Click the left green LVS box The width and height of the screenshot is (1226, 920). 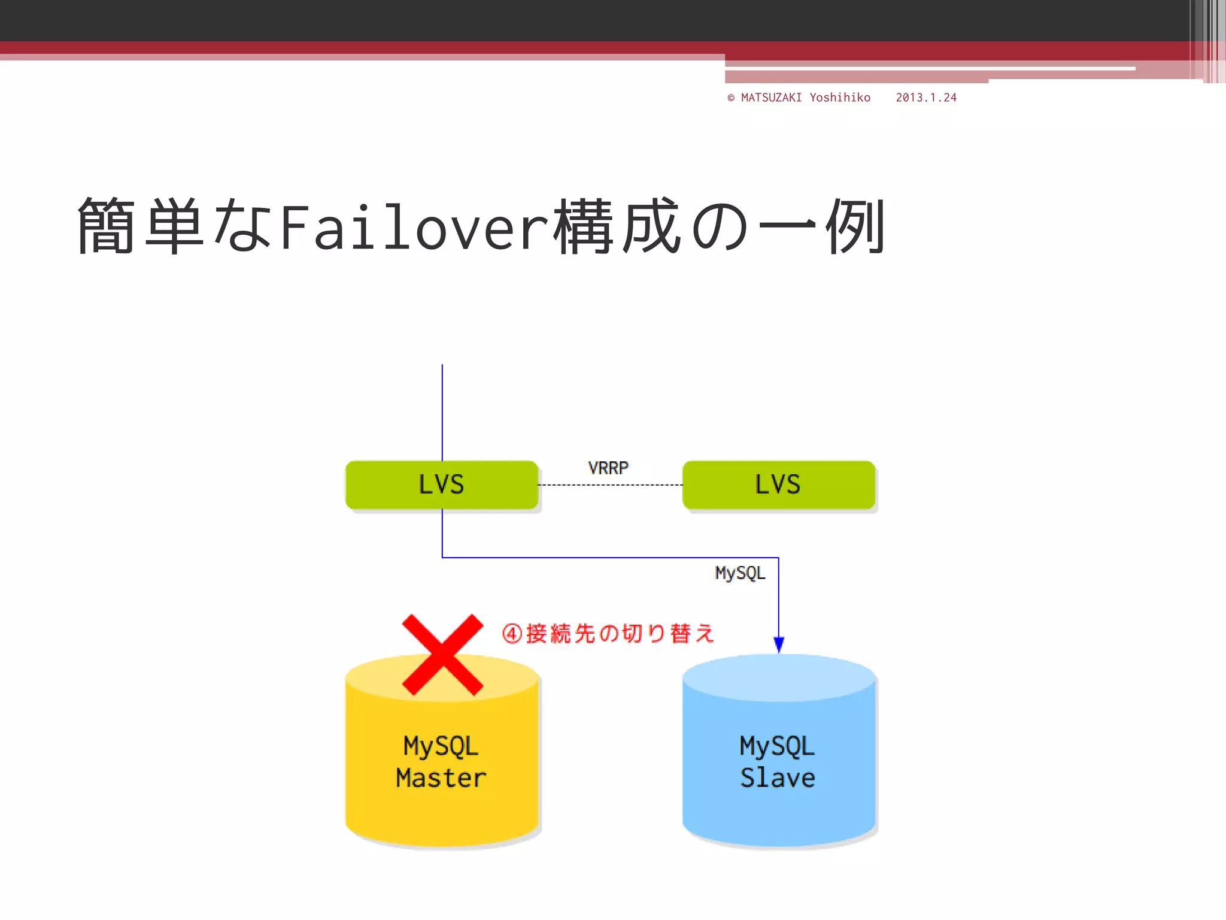point(441,485)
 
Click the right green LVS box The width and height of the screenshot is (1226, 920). point(778,485)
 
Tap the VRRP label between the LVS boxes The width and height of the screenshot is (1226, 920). point(608,468)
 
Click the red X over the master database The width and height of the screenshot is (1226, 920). point(442,654)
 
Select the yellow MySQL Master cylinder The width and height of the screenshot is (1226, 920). point(442,779)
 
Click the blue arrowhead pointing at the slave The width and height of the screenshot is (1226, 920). point(779,644)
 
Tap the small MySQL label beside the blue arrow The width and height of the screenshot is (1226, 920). point(740,573)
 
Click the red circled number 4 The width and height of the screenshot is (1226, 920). point(512,634)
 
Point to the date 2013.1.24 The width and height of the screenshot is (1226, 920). point(926,98)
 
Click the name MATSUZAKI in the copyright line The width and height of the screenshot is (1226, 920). point(771,98)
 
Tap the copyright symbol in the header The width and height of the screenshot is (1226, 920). point(731,98)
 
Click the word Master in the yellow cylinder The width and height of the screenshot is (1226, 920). point(441,778)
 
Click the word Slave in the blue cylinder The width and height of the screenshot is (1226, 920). point(778,778)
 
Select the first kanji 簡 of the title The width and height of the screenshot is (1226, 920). point(106,226)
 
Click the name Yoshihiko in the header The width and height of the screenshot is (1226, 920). point(840,98)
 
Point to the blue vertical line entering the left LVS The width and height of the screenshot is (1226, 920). point(442,413)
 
